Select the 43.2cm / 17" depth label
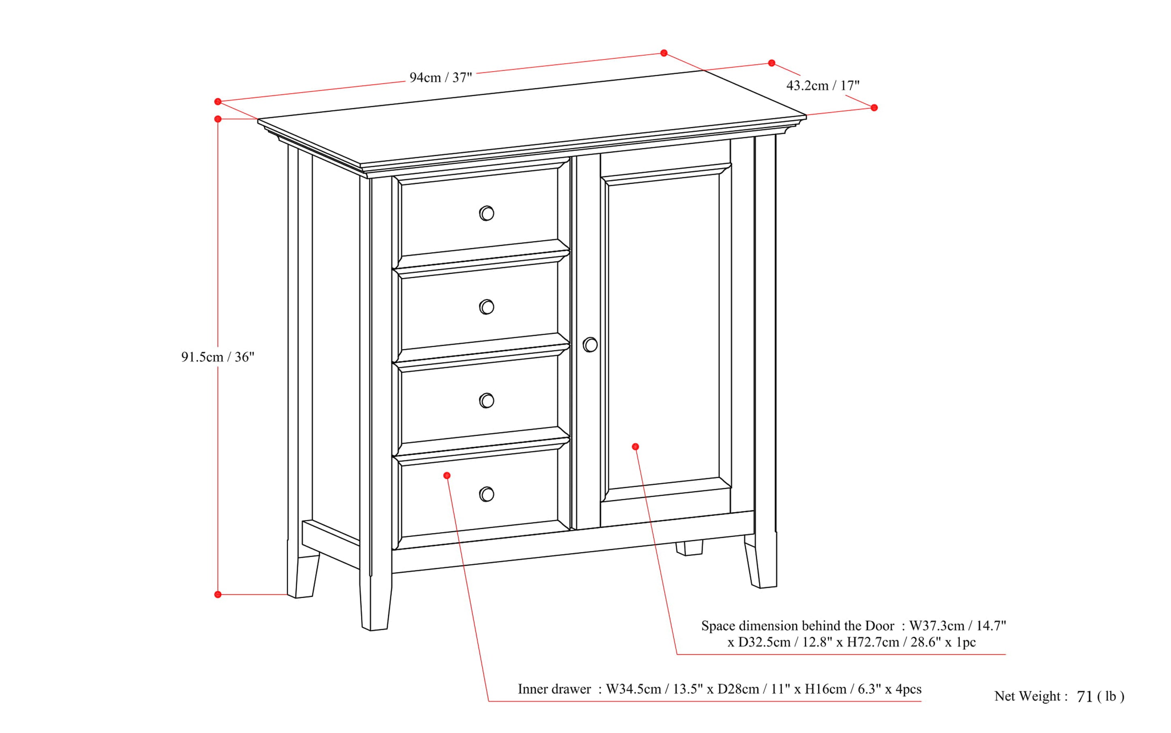(823, 86)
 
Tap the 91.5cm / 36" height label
(217, 357)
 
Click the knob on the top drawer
(487, 213)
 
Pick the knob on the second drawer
(487, 307)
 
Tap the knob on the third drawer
(487, 401)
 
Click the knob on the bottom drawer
(487, 494)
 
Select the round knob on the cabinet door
(590, 345)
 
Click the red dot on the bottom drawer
(447, 475)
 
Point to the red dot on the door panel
(635, 447)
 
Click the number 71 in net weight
(1085, 697)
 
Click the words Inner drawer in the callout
(554, 689)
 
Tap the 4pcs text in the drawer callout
(908, 689)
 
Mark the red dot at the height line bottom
(218, 594)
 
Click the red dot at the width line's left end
(218, 102)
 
